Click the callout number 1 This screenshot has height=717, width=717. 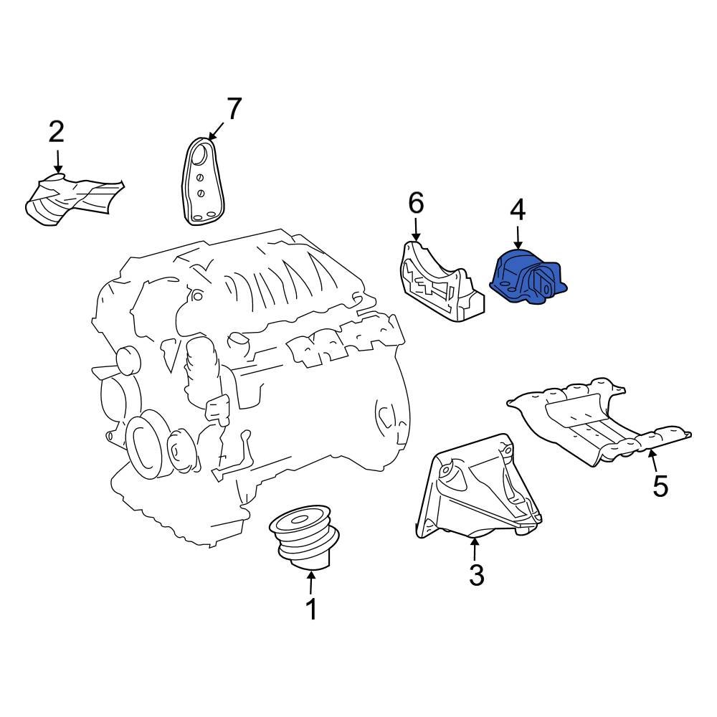[x=311, y=609]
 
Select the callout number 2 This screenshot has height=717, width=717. [x=57, y=132]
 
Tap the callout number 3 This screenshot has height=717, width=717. [x=477, y=574]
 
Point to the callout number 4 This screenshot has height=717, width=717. [x=518, y=210]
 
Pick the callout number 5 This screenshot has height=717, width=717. [x=660, y=486]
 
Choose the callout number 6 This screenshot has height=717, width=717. [x=416, y=204]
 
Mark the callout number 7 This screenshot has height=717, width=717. [x=234, y=109]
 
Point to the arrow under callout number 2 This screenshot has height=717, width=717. [x=57, y=161]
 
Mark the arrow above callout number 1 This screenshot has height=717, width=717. [x=311, y=581]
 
